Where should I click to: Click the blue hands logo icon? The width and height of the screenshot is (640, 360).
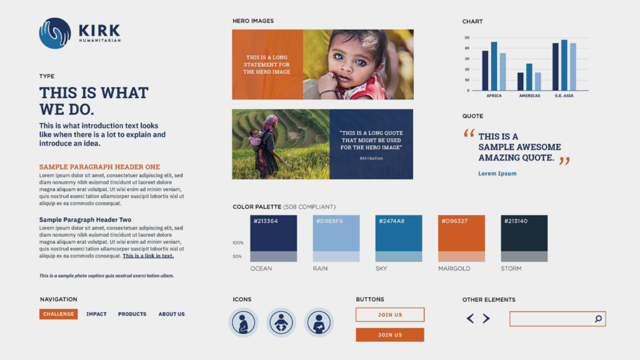55,33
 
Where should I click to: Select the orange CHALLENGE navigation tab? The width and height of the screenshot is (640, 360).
58,314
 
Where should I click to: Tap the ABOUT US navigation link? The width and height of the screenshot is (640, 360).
171,314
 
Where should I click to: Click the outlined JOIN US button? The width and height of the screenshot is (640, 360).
390,315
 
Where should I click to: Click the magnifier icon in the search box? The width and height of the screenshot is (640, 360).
598,319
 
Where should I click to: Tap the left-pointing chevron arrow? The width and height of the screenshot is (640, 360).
470,318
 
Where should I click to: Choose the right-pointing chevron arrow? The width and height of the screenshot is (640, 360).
486,318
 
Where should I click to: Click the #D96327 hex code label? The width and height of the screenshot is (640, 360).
454,221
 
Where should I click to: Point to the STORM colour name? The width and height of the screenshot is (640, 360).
511,269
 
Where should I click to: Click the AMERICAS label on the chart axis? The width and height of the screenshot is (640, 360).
529,96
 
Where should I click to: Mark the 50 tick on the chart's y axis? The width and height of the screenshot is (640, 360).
467,37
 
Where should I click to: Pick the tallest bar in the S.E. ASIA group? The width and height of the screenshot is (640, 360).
564,65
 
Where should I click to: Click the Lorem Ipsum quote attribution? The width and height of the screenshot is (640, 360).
497,174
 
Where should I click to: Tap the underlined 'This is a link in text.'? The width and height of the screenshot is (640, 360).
148,256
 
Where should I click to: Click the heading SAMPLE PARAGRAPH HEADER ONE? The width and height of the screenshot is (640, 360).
99,167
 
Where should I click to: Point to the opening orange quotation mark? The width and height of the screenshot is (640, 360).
469,134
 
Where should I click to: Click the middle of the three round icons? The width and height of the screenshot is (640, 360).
281,322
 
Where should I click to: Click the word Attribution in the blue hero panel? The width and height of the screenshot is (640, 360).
371,158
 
